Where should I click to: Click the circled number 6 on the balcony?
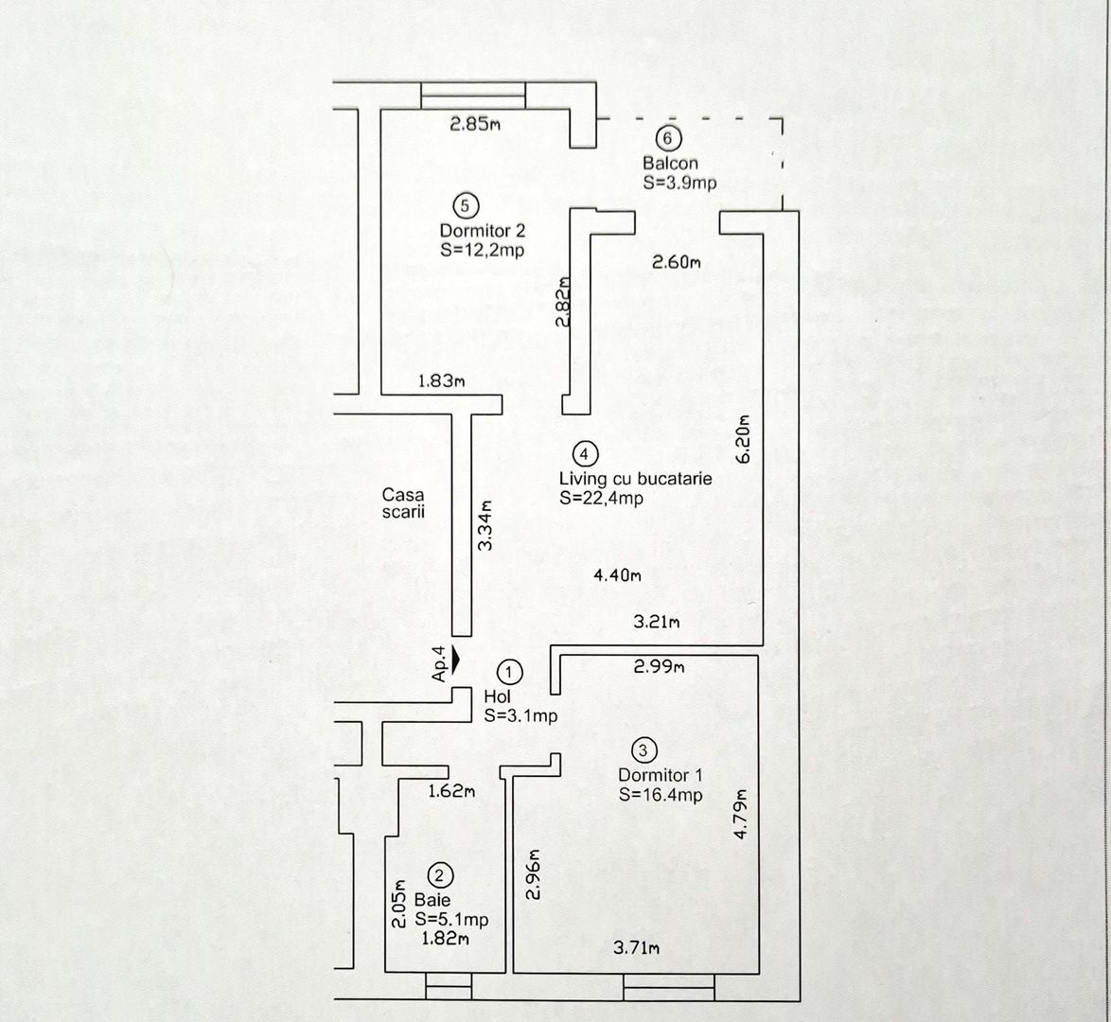[x=669, y=139]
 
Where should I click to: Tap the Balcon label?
[x=670, y=163]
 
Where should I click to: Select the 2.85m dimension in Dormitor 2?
[x=475, y=124]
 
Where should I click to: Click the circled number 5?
[x=466, y=205]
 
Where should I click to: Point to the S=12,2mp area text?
[x=482, y=251]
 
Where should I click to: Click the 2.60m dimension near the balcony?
[x=677, y=263]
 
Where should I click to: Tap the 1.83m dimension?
[x=442, y=381]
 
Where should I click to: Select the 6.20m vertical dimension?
[x=743, y=439]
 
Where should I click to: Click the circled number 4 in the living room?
[x=586, y=453]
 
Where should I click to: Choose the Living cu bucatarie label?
[x=635, y=479]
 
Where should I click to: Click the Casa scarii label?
[x=403, y=502]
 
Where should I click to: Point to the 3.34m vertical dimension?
[x=485, y=526]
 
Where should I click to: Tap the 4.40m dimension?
[x=618, y=574]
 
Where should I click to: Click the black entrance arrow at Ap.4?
[x=456, y=658]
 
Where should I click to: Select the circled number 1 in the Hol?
[x=510, y=672]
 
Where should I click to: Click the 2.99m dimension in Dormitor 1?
[x=659, y=667]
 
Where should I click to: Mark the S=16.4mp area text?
[x=661, y=795]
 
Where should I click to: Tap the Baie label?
[x=432, y=900]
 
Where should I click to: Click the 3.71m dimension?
[x=636, y=948]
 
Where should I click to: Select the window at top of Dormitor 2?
[x=473, y=96]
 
